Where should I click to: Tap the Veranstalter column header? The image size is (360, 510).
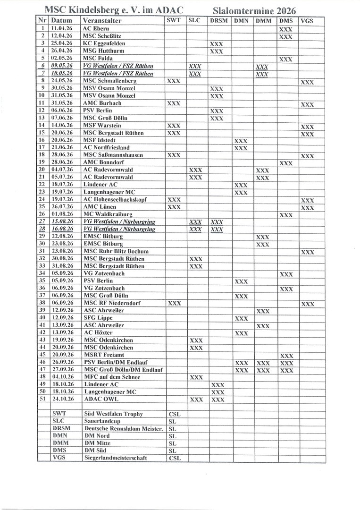[x=102, y=21]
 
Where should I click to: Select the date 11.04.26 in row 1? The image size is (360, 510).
[x=62, y=29]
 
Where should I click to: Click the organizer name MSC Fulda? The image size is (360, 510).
[x=98, y=59]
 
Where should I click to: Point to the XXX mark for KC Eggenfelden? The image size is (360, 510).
[x=217, y=44]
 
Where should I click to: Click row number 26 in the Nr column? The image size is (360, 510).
[x=42, y=214]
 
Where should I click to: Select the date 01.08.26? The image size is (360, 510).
[x=62, y=214]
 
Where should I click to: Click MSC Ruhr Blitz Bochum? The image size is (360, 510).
[x=116, y=251]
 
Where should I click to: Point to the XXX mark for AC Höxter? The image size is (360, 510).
[x=241, y=333]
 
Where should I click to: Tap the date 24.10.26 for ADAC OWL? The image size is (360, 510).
[x=62, y=399]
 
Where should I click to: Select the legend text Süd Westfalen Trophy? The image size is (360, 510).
[x=113, y=414]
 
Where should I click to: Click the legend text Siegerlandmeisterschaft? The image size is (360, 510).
[x=115, y=458]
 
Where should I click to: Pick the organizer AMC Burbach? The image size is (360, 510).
[x=102, y=103]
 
